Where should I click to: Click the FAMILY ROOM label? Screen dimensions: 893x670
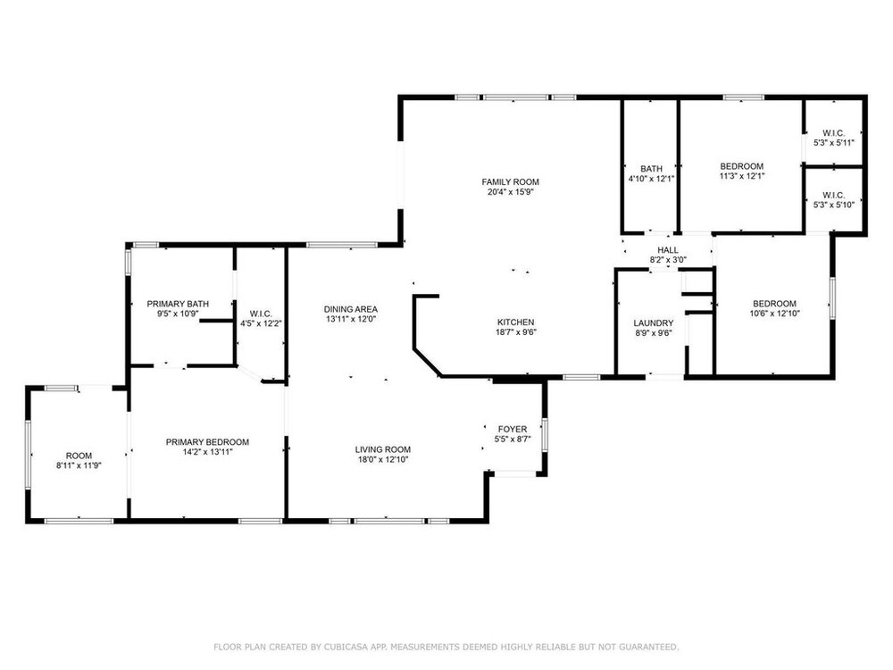click(x=510, y=181)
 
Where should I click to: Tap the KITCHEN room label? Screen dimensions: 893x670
click(x=516, y=322)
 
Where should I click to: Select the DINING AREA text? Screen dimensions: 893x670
click(x=351, y=309)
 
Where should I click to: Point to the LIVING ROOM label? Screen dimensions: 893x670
click(x=383, y=449)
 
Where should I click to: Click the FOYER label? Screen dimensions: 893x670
click(x=513, y=429)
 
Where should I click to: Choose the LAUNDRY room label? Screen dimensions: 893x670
click(x=654, y=322)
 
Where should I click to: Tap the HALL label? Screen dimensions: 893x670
click(x=668, y=249)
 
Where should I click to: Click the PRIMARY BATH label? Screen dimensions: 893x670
click(x=178, y=304)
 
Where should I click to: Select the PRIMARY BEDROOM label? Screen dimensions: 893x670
click(x=207, y=441)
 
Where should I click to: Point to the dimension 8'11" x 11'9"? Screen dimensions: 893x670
click(x=79, y=465)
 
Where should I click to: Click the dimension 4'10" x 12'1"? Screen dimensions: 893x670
click(x=652, y=179)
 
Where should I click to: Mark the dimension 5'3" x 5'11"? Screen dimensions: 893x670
click(x=834, y=143)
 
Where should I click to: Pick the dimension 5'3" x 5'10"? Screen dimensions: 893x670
click(x=834, y=205)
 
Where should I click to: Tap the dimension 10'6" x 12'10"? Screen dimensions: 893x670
click(x=774, y=313)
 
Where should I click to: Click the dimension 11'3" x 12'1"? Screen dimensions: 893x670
click(x=741, y=176)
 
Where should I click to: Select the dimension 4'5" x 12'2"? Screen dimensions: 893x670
click(x=261, y=323)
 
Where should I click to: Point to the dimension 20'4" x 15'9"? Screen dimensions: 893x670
click(x=510, y=192)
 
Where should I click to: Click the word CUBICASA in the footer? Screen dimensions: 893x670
click(x=344, y=647)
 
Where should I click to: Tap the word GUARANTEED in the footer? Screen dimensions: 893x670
click(x=650, y=647)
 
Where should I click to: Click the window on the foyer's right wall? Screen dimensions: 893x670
click(x=545, y=435)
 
